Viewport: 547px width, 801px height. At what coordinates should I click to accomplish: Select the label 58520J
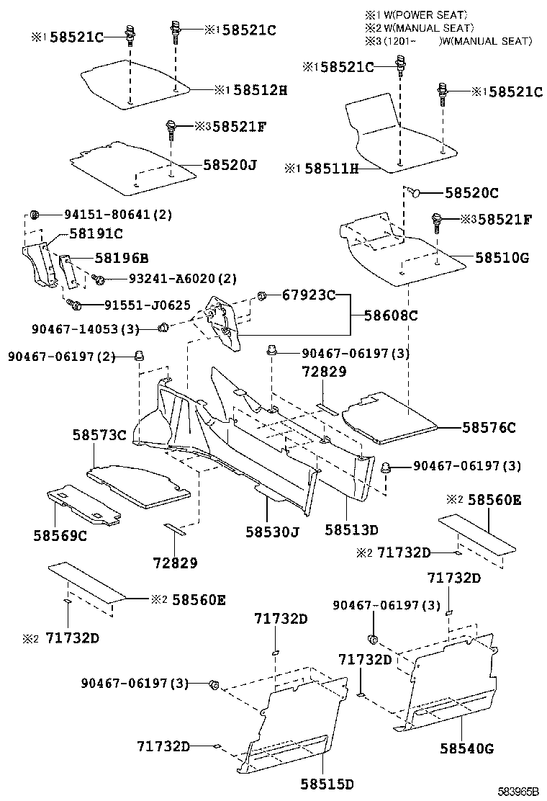(230, 165)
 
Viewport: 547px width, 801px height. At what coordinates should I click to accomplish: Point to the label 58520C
(471, 192)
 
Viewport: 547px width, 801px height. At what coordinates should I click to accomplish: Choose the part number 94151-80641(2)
(118, 215)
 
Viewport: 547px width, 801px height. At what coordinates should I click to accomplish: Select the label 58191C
(96, 233)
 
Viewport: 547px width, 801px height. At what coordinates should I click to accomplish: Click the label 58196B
(103, 258)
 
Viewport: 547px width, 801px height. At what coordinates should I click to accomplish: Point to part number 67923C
(309, 295)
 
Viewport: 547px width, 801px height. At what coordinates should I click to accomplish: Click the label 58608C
(392, 315)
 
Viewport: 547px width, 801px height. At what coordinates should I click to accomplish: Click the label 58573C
(99, 434)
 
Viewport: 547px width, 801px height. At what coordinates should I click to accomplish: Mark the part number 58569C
(60, 535)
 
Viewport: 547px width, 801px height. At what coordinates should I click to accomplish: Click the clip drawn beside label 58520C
(415, 192)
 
